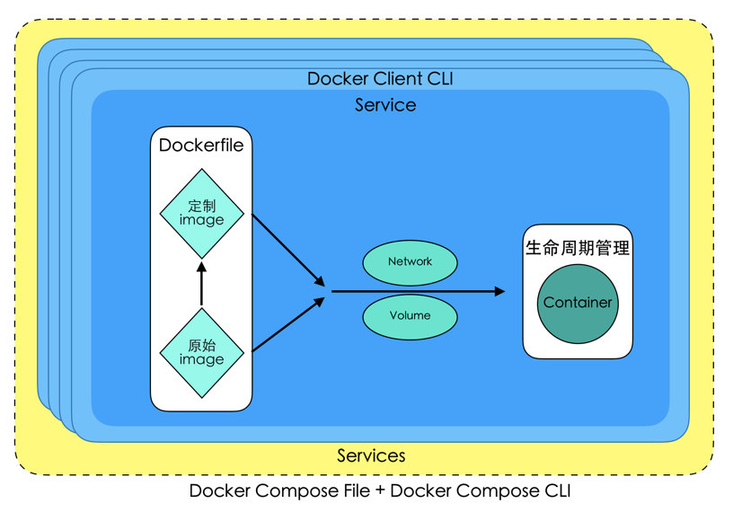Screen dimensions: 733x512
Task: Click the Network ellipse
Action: (410, 263)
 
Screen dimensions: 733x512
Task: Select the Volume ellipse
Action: (410, 317)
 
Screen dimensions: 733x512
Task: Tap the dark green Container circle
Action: (578, 304)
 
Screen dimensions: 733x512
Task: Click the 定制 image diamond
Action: (202, 214)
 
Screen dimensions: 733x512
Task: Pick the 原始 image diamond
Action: (202, 353)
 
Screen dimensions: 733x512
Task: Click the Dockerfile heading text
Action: (201, 145)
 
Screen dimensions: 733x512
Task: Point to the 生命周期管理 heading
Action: (578, 248)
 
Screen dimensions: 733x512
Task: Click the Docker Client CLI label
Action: (380, 78)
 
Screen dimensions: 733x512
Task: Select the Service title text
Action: (385, 105)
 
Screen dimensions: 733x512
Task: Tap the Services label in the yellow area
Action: (371, 455)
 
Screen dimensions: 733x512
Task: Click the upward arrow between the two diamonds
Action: (201, 283)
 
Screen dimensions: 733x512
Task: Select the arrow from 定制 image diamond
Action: (288, 250)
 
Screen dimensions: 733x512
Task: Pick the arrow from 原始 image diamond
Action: (288, 324)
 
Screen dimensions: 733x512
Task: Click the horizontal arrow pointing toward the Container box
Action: (419, 291)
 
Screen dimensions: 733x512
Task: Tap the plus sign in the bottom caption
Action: (380, 491)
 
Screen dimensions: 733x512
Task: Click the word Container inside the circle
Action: (578, 303)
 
